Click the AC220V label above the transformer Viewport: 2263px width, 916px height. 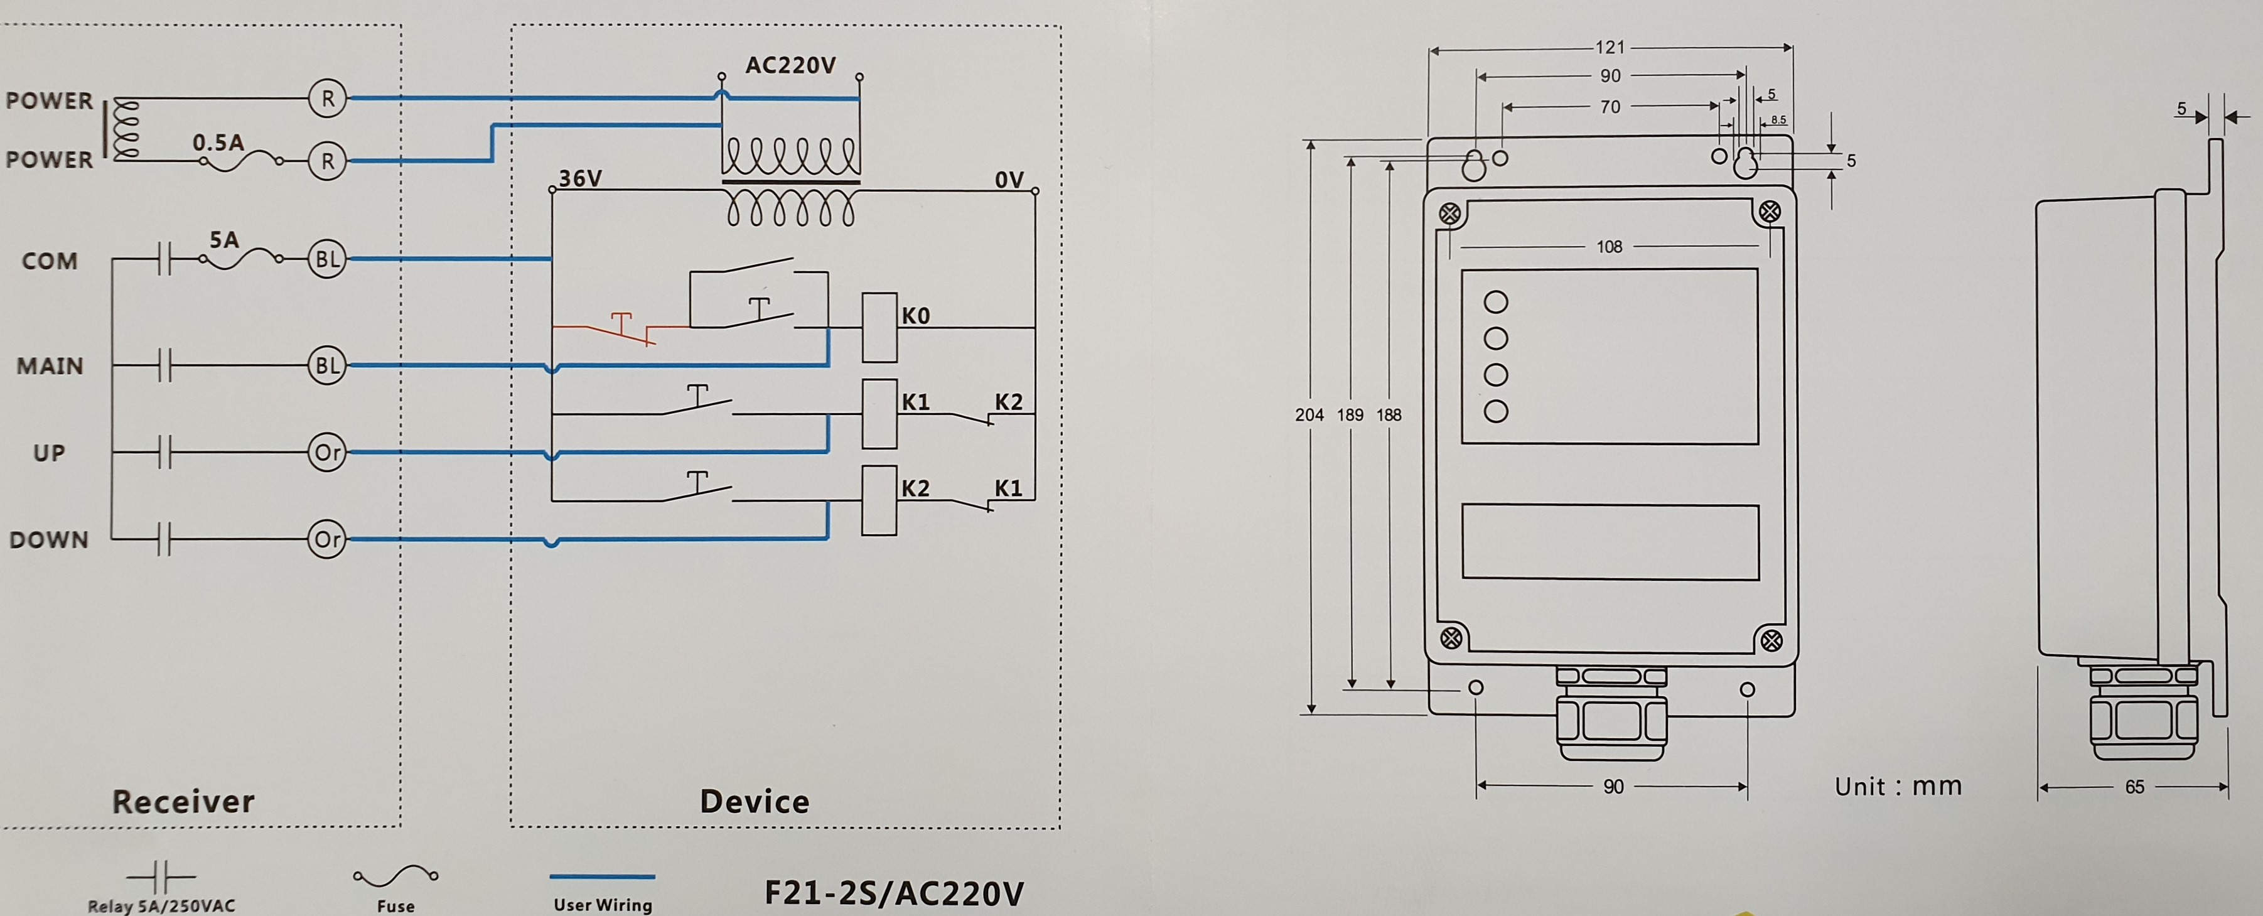pos(790,66)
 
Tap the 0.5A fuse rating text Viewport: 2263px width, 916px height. pos(218,143)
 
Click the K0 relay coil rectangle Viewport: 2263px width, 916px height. pos(878,328)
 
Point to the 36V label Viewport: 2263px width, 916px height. pos(580,178)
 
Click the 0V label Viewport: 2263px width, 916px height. pos(1009,180)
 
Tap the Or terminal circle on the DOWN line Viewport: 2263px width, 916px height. pos(327,539)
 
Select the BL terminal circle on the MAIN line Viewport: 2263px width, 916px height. pos(327,365)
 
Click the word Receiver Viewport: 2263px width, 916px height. pos(183,801)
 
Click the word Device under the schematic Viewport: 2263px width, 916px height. pos(754,801)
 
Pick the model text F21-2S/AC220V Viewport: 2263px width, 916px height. pos(893,893)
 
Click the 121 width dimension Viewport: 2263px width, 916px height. pos(1610,48)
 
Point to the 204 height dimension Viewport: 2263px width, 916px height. pos(1309,414)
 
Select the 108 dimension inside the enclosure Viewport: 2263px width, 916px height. pos(1610,247)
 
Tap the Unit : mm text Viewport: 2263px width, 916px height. pos(1898,786)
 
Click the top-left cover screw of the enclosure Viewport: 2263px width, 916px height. pos(1451,213)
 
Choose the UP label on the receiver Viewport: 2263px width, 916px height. pos(49,453)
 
